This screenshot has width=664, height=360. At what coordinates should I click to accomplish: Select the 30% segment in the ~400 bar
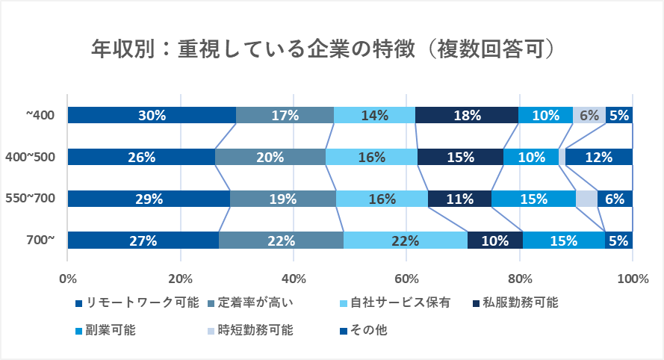point(152,115)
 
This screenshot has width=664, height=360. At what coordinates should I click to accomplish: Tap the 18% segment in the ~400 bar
point(467,115)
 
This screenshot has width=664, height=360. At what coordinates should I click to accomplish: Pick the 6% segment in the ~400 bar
point(589,115)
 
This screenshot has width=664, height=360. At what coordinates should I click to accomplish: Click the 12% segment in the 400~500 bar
point(599,157)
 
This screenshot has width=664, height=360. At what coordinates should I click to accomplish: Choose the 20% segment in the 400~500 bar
point(270,157)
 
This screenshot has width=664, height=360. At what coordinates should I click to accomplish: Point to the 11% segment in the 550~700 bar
point(459,199)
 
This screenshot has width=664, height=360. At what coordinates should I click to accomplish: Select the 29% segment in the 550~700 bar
point(149,199)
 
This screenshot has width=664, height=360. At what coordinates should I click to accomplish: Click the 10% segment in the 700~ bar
point(494,240)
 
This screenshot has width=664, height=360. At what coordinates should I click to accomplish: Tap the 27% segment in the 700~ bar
point(143,240)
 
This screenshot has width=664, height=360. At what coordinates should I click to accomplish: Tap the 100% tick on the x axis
point(633,279)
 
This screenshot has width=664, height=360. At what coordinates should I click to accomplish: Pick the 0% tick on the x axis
point(68,279)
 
